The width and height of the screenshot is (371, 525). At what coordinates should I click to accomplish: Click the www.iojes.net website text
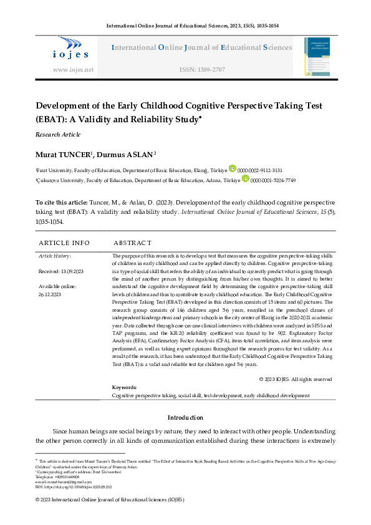(73, 70)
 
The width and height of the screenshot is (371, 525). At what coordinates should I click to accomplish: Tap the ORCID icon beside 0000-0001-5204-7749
(245, 179)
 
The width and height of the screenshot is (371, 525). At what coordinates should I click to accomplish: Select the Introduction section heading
(185, 417)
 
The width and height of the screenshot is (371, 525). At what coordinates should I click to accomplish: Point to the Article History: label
(55, 256)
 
